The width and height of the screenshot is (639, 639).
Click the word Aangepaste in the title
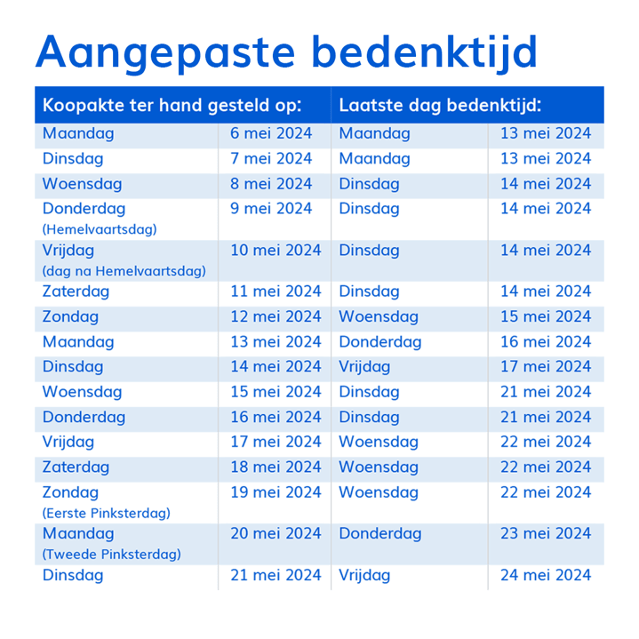(x=165, y=52)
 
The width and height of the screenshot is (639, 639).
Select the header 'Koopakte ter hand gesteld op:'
(x=172, y=105)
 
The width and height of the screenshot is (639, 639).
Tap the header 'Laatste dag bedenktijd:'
(x=440, y=105)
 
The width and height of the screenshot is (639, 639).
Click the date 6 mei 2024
(x=271, y=134)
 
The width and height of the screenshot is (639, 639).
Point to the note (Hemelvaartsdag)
(x=100, y=229)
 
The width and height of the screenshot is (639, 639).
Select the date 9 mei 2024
(x=271, y=209)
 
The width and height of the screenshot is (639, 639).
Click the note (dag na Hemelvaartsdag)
(x=124, y=270)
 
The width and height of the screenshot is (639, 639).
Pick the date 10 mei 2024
(x=276, y=251)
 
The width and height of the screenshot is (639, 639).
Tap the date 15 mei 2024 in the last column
(x=545, y=316)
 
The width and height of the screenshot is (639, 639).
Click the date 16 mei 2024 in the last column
(x=545, y=342)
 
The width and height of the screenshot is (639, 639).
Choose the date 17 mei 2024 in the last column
(x=545, y=367)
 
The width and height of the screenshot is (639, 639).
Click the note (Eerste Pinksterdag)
(x=106, y=513)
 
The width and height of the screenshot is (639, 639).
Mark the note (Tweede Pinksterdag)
(x=111, y=555)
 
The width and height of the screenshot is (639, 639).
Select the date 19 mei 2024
(x=276, y=492)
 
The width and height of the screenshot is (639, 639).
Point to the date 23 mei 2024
(x=545, y=534)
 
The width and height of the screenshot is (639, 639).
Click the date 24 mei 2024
(x=545, y=576)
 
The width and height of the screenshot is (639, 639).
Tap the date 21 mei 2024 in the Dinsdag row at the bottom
(x=276, y=576)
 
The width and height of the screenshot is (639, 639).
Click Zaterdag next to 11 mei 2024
(x=76, y=292)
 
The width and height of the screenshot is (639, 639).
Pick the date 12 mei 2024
(x=276, y=316)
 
